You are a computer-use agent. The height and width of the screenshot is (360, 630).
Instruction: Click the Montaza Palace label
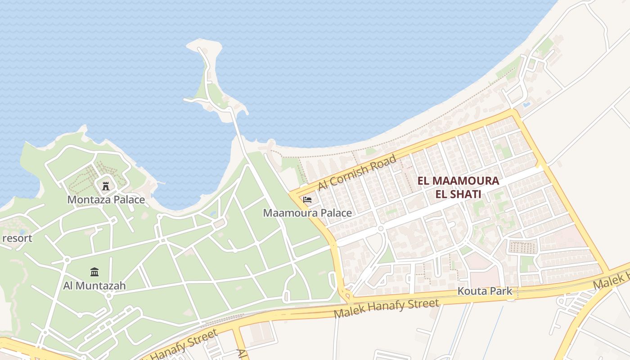pyautogui.click(x=106, y=199)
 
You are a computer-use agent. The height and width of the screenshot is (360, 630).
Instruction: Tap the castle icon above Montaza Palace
pyautogui.click(x=106, y=185)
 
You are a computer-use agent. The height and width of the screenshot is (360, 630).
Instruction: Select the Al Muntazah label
pyautogui.click(x=94, y=285)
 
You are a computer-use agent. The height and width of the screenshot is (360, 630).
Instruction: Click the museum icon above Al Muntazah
pyautogui.click(x=94, y=272)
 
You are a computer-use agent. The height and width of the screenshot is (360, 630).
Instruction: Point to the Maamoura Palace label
pyautogui.click(x=307, y=213)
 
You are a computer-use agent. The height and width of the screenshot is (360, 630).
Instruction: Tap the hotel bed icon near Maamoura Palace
pyautogui.click(x=307, y=199)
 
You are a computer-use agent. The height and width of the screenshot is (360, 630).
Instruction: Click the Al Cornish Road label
pyautogui.click(x=357, y=173)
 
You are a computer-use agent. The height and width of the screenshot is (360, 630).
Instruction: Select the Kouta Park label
pyautogui.click(x=485, y=291)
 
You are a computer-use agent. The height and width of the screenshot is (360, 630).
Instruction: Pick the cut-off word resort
pyautogui.click(x=17, y=238)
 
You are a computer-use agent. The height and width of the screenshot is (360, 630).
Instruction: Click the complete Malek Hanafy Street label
pyautogui.click(x=387, y=309)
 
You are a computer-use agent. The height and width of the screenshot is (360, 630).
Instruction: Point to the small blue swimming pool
pyautogui.click(x=526, y=105)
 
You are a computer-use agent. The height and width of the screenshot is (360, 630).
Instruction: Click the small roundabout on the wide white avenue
pyautogui.click(x=381, y=229)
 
